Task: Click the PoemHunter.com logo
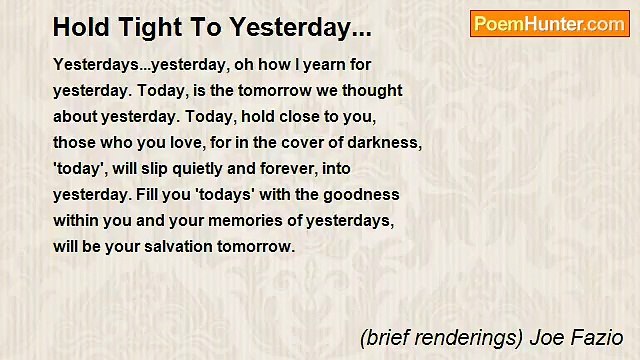click(549, 24)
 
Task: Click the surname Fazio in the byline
click(602, 337)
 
